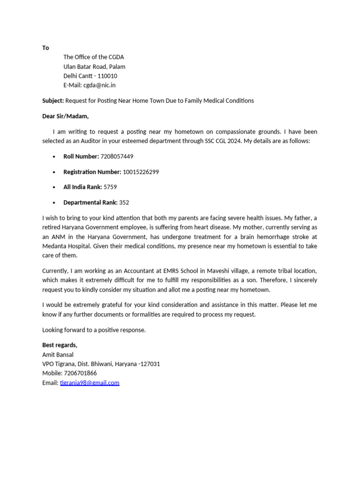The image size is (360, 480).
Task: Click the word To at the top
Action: (45, 48)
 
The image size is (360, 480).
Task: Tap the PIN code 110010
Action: (107, 76)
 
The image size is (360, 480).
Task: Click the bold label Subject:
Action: (53, 101)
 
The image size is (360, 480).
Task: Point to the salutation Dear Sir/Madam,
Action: (65, 116)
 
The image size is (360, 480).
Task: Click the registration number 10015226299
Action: (141, 172)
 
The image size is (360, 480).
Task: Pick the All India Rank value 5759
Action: (110, 187)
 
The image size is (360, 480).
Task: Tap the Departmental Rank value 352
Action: (124, 202)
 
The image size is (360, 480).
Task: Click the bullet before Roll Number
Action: (54, 157)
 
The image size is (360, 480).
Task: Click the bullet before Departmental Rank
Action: (54, 203)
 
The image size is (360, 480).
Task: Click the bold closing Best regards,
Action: (60, 345)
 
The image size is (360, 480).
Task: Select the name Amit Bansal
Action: (58, 354)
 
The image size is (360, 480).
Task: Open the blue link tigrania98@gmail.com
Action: (90, 382)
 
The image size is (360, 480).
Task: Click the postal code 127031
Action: (150, 364)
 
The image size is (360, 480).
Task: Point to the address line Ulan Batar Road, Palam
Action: (94, 67)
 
